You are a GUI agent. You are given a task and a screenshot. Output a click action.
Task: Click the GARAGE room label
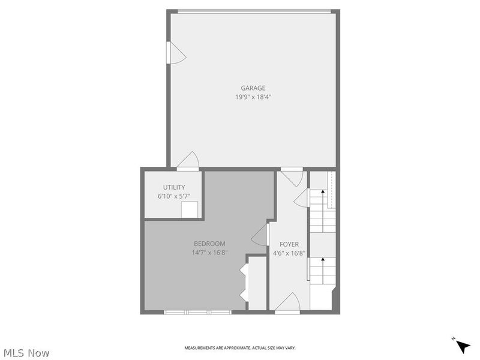pyautogui.click(x=253, y=88)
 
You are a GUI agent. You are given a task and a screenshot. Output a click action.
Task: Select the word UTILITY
pyautogui.click(x=174, y=187)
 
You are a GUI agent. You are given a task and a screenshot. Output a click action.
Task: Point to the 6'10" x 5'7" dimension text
pyautogui.click(x=174, y=196)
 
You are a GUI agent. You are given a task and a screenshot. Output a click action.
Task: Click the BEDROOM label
pyautogui.click(x=209, y=244)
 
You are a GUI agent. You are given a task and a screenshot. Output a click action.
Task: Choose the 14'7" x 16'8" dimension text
pyautogui.click(x=209, y=253)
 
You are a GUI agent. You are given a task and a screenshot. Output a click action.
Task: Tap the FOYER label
pyautogui.click(x=289, y=244)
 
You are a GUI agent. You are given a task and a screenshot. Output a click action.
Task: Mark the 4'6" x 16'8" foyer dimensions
pyautogui.click(x=289, y=253)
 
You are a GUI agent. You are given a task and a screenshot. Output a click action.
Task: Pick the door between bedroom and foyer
pyautogui.click(x=260, y=235)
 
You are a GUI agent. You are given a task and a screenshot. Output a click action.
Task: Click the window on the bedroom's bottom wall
pyautogui.click(x=197, y=312)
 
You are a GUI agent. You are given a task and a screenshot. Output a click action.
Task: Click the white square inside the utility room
pyautogui.click(x=190, y=209)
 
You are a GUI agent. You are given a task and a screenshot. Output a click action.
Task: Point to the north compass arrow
pyautogui.click(x=462, y=346)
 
